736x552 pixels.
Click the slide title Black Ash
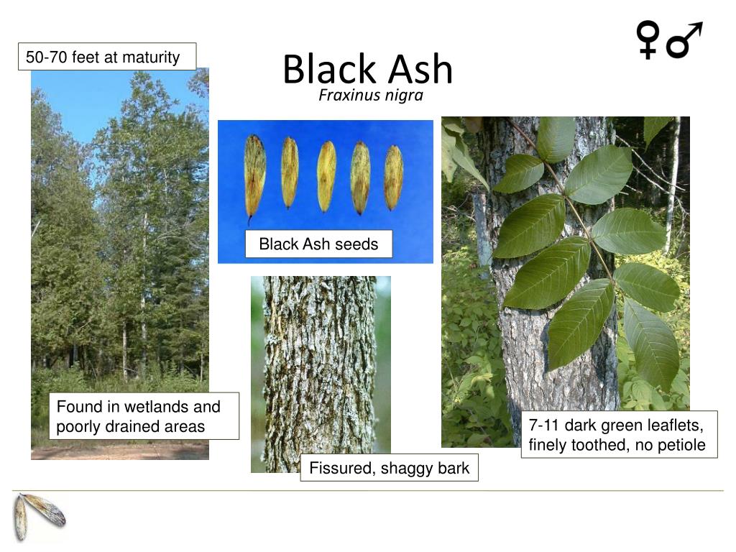click(367, 70)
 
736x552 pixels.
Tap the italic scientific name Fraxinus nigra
click(371, 96)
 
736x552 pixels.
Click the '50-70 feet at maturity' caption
click(106, 57)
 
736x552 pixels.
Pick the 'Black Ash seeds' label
click(318, 244)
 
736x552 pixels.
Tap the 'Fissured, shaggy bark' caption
click(389, 469)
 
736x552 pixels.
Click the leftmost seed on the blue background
click(254, 175)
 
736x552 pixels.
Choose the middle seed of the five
click(326, 176)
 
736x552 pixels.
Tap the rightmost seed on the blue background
click(393, 178)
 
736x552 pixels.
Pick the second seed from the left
click(289, 172)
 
